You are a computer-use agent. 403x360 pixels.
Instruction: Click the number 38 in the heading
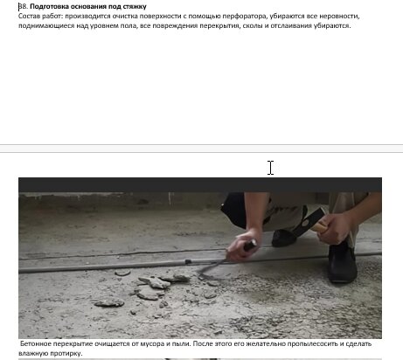23,6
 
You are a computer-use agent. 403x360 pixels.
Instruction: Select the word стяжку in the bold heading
135,6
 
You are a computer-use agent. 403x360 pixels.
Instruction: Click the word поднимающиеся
46,25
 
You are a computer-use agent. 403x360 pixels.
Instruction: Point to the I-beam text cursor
271,168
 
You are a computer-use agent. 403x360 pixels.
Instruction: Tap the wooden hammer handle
321,226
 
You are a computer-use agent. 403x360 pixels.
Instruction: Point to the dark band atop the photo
200,184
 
